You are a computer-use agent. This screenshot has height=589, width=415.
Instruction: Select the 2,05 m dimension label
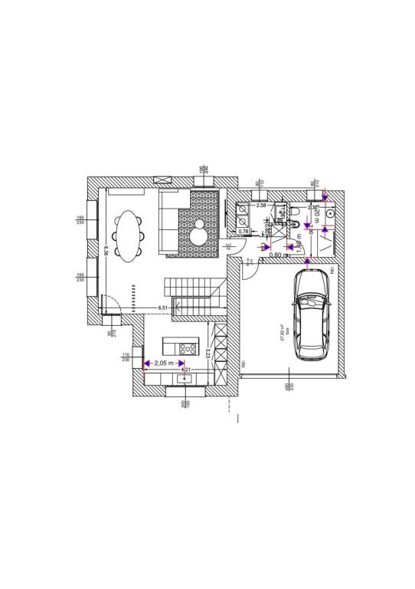(x=164, y=363)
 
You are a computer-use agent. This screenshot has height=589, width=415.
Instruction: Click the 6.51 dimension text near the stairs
(x=163, y=308)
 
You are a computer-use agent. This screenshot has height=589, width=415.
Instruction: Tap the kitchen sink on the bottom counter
(x=185, y=378)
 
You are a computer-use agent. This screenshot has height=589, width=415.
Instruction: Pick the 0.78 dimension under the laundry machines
(x=243, y=231)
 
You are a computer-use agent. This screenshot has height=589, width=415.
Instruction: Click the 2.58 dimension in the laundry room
(x=260, y=206)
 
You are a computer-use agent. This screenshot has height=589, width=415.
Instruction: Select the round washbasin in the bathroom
(x=327, y=227)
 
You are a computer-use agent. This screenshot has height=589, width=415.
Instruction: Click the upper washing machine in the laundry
(x=241, y=208)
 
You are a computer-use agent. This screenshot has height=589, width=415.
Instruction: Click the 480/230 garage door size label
(x=287, y=389)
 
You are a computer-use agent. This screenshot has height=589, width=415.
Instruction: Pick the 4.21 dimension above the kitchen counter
(x=185, y=370)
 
